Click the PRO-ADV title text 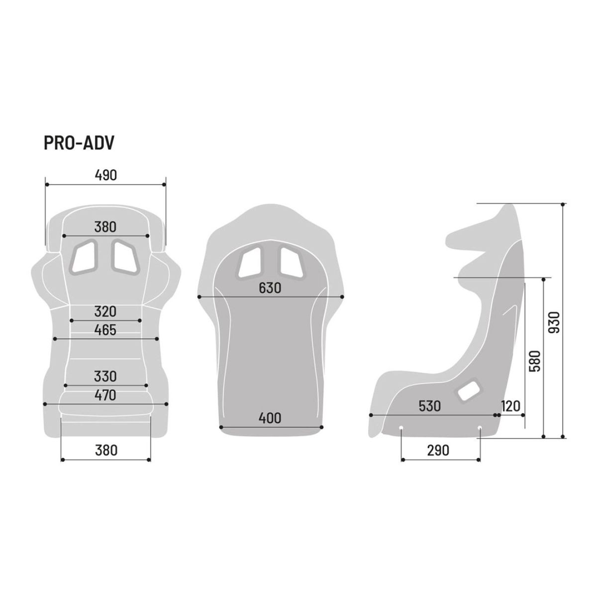tap(79, 143)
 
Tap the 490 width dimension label tap(105, 175)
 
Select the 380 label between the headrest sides tap(105, 227)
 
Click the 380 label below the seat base tap(106, 450)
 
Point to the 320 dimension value tap(105, 311)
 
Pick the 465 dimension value tap(105, 330)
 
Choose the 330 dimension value tap(105, 377)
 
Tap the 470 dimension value tap(105, 396)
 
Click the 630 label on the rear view tap(270, 289)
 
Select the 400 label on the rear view tap(270, 418)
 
